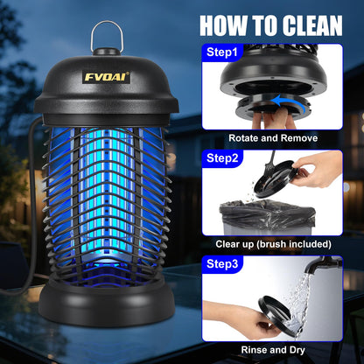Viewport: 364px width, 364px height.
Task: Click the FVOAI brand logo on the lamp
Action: [107, 76]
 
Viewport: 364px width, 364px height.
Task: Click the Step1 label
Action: [222, 52]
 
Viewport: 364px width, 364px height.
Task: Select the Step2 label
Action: [222, 158]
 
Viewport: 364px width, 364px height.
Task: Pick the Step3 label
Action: [222, 263]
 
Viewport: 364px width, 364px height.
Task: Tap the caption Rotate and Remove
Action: [272, 137]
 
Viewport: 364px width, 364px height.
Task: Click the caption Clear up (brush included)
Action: [272, 243]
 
